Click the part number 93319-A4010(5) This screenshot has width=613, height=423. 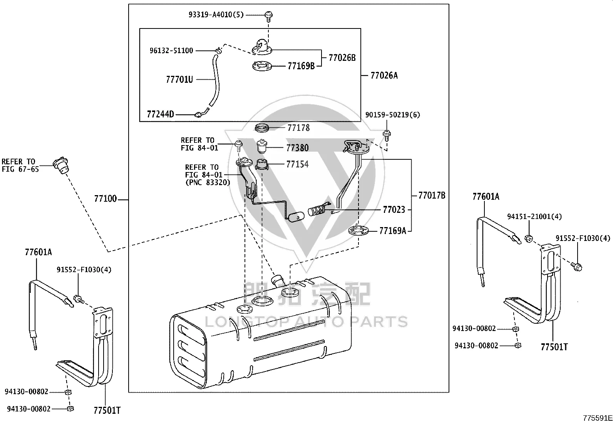click(216, 15)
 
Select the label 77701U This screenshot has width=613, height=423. click(179, 79)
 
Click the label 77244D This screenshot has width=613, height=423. click(160, 114)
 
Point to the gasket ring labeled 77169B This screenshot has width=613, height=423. click(262, 66)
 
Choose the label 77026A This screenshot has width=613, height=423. click(384, 75)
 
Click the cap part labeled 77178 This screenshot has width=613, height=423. click(262, 127)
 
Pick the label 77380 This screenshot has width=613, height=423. click(298, 148)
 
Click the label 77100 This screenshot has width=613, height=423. click(106, 199)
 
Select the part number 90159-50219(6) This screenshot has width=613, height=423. click(392, 115)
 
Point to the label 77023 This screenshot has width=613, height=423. click(394, 210)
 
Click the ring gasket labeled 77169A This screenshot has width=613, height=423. click(358, 230)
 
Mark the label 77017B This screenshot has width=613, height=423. click(432, 196)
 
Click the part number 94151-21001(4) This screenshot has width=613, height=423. click(534, 216)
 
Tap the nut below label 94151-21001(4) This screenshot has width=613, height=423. click(529, 239)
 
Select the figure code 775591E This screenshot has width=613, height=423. click(598, 418)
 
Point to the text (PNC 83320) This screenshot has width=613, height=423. click(208, 182)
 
